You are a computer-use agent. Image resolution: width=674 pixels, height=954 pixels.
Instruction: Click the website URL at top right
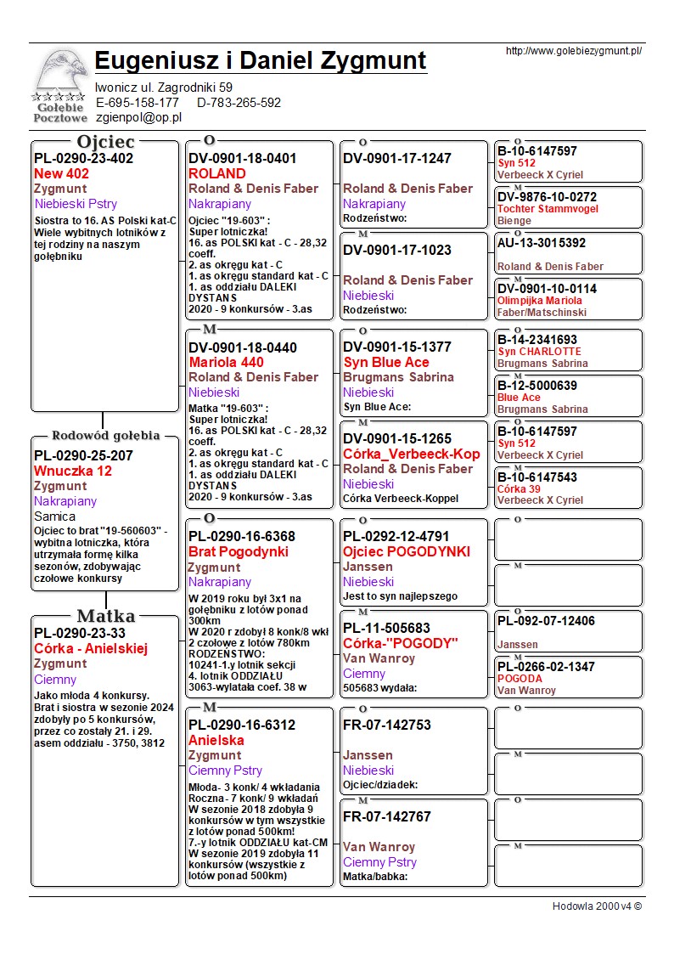(x=573, y=51)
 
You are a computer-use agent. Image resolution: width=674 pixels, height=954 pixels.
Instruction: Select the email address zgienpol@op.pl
(x=139, y=118)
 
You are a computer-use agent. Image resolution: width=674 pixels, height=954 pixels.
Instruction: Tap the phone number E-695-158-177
(x=138, y=103)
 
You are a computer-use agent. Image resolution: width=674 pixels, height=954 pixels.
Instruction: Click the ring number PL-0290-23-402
(x=83, y=158)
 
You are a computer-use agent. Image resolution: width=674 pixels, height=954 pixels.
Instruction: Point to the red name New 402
(x=61, y=173)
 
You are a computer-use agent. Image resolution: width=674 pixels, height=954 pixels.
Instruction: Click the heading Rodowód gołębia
(x=105, y=436)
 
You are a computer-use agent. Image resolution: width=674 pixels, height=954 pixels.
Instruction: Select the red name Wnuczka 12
(x=73, y=471)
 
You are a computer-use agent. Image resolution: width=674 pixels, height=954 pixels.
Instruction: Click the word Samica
(x=54, y=517)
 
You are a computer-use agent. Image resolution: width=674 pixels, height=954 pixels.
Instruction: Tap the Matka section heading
(x=105, y=616)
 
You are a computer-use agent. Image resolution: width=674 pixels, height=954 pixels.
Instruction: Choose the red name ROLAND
(x=217, y=173)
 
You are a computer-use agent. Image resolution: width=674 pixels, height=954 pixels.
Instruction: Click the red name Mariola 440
(x=227, y=362)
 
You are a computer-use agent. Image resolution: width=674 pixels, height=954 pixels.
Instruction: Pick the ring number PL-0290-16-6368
(x=242, y=536)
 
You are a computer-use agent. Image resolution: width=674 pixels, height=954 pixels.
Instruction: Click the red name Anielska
(x=216, y=740)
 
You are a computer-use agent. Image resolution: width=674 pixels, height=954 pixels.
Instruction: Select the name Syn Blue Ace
(x=386, y=362)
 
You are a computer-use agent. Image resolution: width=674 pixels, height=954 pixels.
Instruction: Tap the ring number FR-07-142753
(x=387, y=725)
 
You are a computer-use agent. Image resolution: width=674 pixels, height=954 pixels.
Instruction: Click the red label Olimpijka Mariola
(x=540, y=301)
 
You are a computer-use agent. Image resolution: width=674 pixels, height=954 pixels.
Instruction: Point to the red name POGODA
(x=520, y=679)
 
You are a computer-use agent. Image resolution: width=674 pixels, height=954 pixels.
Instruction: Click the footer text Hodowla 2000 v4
(x=597, y=906)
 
